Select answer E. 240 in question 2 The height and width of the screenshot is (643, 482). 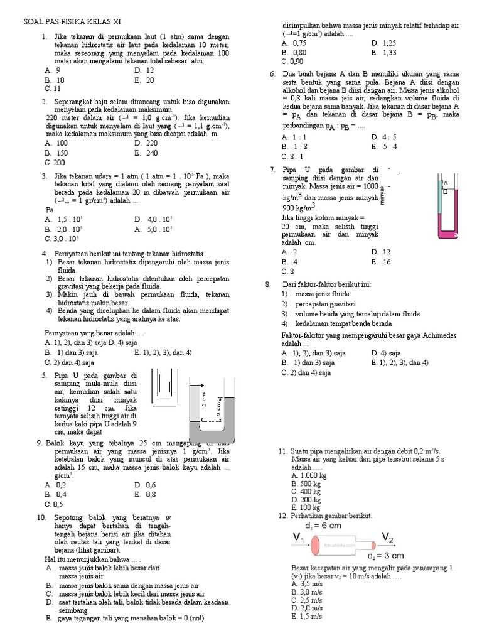146,153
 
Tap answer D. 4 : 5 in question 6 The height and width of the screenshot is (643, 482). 383,137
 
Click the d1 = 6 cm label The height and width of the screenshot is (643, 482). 323,525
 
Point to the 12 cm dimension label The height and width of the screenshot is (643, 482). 203,399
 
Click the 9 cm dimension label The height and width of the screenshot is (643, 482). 218,408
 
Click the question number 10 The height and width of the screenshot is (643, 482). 42,517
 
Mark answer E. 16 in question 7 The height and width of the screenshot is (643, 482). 381,261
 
